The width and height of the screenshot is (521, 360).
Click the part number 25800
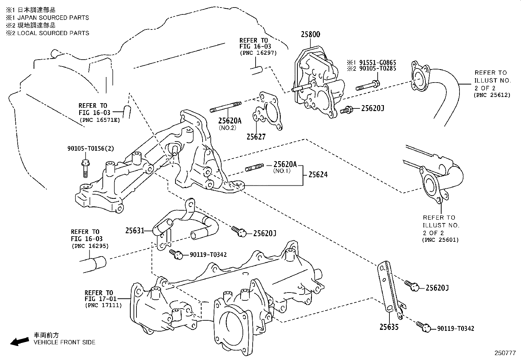point(310,34)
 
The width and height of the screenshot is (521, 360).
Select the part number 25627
point(256,137)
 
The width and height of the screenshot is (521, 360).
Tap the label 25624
point(318,175)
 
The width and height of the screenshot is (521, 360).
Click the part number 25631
point(135,231)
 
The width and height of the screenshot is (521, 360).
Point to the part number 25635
point(389,327)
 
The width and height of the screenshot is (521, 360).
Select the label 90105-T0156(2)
point(91,148)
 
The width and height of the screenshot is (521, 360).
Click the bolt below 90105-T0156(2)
point(84,168)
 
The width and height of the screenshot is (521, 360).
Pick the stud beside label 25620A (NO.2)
point(226,107)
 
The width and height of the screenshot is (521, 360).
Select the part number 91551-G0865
point(377,63)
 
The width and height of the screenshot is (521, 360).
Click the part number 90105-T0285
point(377,68)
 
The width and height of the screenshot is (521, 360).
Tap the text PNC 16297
point(258,52)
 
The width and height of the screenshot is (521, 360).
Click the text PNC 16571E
point(99,120)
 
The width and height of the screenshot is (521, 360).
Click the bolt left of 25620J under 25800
point(347,110)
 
